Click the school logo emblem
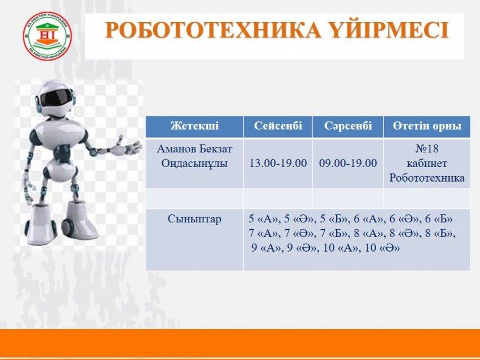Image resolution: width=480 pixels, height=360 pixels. [x=47, y=36]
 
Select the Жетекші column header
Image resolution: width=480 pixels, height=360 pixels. [x=195, y=126]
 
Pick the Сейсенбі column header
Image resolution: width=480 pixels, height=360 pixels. [x=278, y=126]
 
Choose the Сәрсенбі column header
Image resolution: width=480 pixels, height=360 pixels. [x=348, y=126]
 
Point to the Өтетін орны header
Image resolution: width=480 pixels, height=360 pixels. [x=427, y=126]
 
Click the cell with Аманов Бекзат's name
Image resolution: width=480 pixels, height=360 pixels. [x=195, y=156]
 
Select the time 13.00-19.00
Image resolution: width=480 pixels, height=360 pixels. [x=278, y=163]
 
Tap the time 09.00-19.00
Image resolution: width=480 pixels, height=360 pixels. [x=348, y=163]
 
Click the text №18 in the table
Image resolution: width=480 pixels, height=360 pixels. [x=427, y=148]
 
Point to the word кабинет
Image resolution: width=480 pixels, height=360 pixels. [x=427, y=163]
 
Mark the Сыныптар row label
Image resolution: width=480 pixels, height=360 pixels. [x=194, y=219]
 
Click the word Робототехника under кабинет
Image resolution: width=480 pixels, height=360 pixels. [x=427, y=178]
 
